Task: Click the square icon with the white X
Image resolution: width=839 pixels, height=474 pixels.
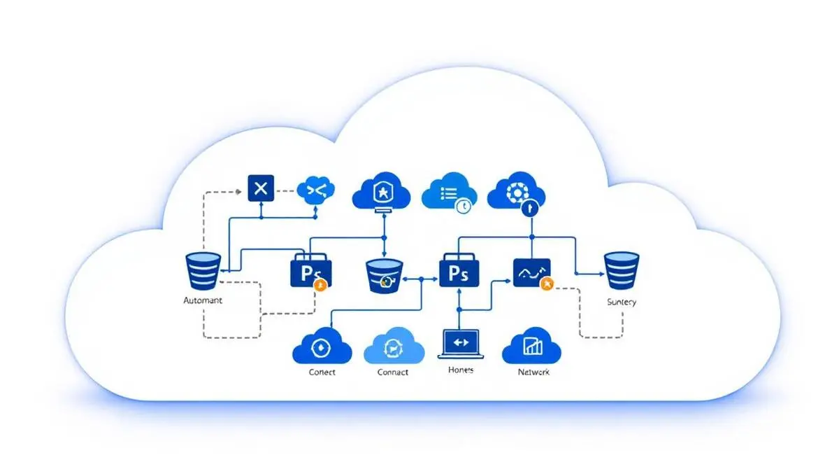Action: pos(261,188)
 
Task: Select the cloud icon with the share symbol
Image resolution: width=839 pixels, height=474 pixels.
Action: pos(316,189)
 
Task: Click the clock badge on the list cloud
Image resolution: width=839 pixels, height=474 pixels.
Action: pos(462,206)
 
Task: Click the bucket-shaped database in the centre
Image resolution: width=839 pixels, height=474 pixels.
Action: pos(385,275)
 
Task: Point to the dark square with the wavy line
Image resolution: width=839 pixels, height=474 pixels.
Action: pos(531,272)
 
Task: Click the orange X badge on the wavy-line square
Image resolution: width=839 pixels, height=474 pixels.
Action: pos(547,284)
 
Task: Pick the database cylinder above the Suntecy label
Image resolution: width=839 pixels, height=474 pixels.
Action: pos(622,271)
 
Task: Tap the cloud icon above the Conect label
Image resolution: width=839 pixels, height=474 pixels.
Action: pos(322,345)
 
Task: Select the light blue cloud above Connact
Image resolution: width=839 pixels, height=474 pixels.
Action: pos(394,346)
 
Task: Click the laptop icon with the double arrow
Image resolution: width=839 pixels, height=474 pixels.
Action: pos(460,343)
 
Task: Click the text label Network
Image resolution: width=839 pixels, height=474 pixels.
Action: pos(533,372)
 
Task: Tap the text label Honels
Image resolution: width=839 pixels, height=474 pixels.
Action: pos(460,370)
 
